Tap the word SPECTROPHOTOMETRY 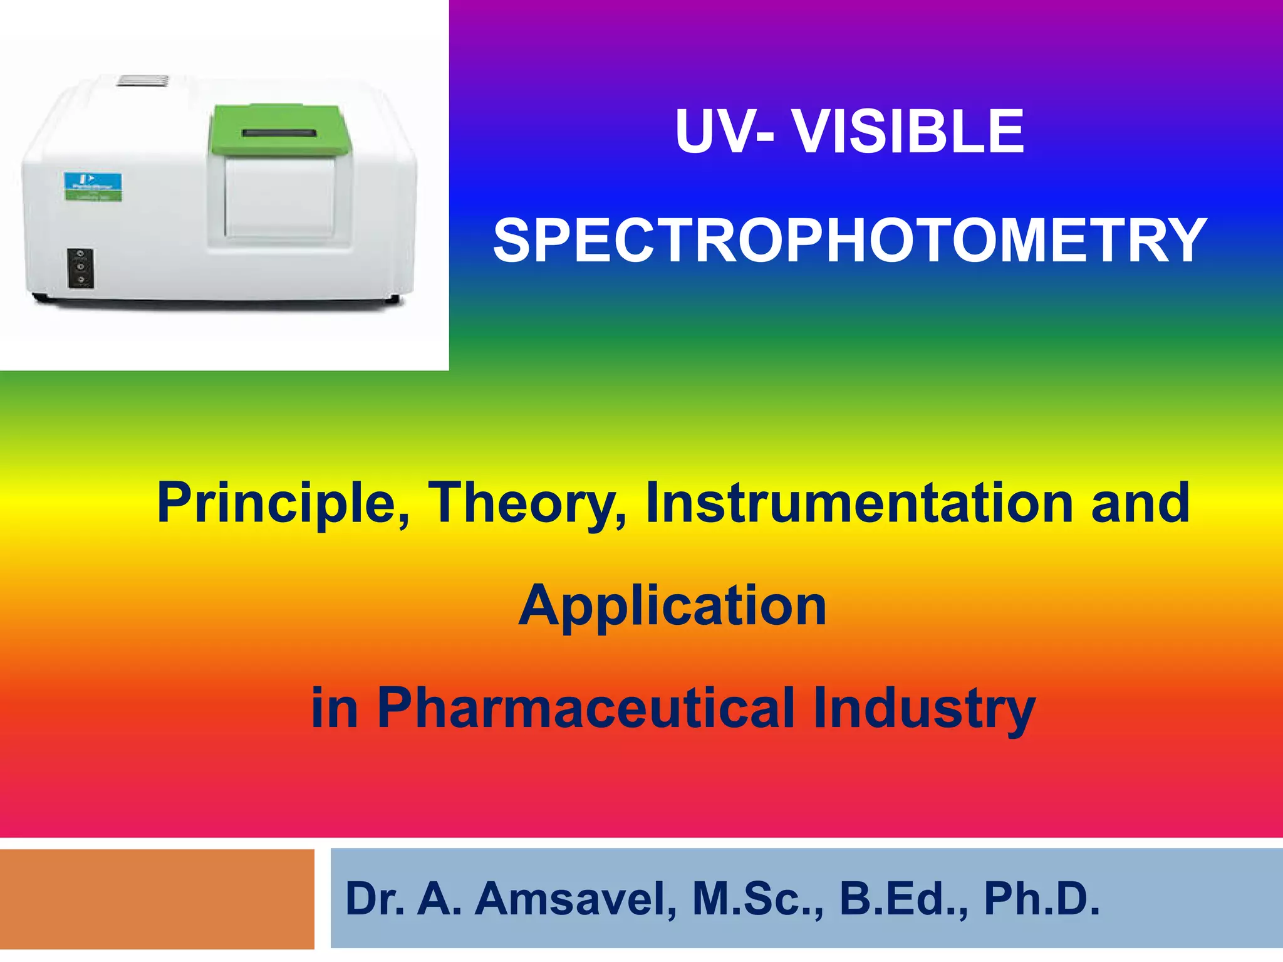pyautogui.click(x=849, y=241)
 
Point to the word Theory pyautogui.click(x=526, y=503)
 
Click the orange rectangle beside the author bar pyautogui.click(x=157, y=898)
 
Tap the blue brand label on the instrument pyautogui.click(x=94, y=187)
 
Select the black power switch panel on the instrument pyautogui.click(x=81, y=268)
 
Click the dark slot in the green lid pyautogui.click(x=279, y=133)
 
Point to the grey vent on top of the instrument pyautogui.click(x=143, y=80)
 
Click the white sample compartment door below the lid pyautogui.click(x=279, y=196)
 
